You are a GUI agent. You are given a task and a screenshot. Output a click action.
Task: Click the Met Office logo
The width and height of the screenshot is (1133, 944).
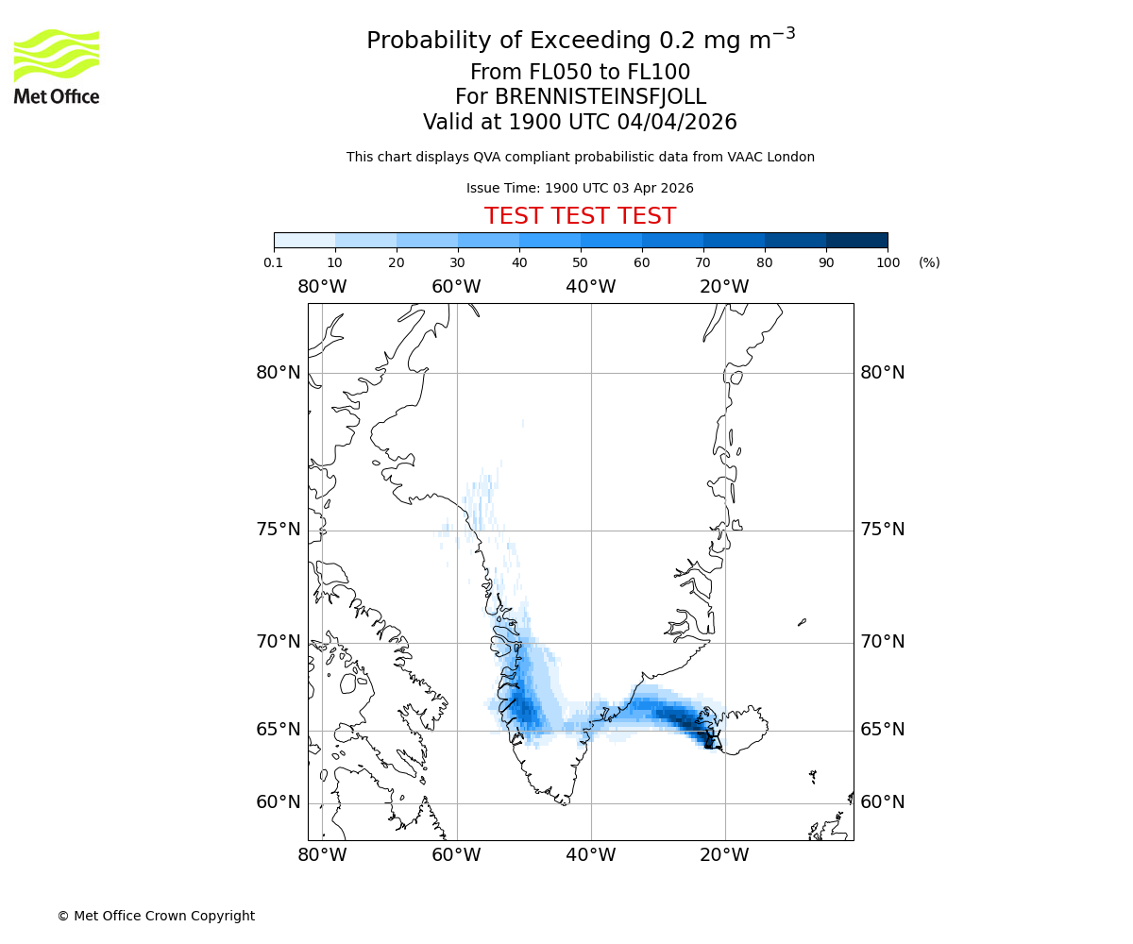[x=57, y=66]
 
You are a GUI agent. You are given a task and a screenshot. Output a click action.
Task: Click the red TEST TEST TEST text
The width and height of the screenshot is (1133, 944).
[x=580, y=216]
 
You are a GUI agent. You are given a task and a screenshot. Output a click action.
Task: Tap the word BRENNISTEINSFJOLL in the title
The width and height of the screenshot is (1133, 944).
[x=600, y=97]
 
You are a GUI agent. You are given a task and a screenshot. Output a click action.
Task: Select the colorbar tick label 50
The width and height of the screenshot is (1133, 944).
[x=581, y=262]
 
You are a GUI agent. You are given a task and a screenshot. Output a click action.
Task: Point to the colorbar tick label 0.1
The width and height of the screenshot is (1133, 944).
[x=274, y=262]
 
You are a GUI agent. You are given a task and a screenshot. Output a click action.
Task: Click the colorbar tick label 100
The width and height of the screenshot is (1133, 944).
[x=888, y=262]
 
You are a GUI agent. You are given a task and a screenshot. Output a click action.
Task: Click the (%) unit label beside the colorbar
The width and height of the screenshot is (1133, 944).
[x=929, y=262]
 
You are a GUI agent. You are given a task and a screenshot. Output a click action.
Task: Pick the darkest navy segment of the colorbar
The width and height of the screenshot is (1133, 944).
[x=857, y=240]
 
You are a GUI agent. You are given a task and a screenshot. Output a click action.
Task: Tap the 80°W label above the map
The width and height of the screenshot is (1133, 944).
[x=322, y=287]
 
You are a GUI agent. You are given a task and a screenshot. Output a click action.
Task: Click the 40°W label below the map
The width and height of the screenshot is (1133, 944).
[x=591, y=855]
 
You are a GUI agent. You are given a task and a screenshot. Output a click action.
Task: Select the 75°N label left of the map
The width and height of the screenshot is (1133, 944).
[x=279, y=530]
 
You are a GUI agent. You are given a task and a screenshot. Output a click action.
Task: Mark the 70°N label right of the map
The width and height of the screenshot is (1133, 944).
[x=882, y=642]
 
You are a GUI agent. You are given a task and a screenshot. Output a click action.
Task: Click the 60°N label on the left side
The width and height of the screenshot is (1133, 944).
[x=279, y=802]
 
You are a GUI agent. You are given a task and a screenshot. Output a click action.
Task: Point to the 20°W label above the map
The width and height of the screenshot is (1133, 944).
[x=724, y=287]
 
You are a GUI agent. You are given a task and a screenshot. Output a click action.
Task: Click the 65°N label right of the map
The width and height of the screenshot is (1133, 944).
[x=882, y=730]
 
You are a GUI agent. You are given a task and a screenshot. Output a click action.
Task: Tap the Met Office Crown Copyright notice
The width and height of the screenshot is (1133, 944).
[x=156, y=916]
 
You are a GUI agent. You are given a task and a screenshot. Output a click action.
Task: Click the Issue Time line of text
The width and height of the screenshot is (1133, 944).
[x=580, y=188]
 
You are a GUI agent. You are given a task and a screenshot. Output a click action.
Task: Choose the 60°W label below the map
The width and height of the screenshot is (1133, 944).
[x=456, y=855]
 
